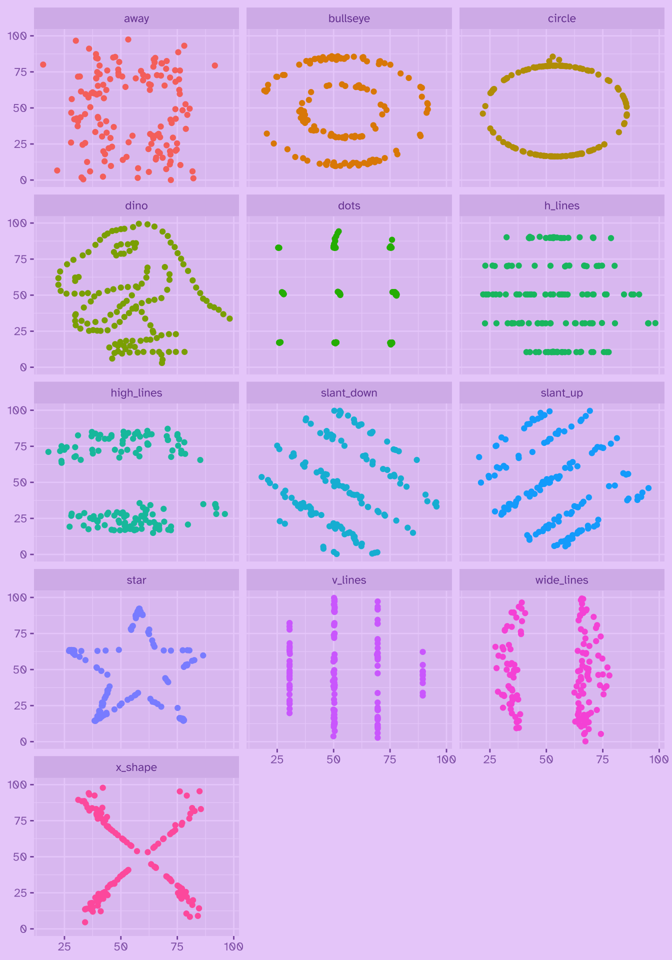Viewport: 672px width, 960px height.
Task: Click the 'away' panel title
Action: click(x=136, y=18)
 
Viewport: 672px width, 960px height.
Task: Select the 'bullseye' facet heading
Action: click(x=349, y=18)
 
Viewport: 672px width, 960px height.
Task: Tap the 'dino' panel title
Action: click(x=136, y=205)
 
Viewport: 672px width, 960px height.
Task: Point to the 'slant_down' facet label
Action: click(x=349, y=393)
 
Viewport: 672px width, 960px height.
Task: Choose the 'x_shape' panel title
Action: click(x=136, y=767)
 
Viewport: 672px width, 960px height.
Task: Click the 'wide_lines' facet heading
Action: click(x=561, y=580)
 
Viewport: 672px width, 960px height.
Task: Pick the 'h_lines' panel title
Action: click(x=561, y=205)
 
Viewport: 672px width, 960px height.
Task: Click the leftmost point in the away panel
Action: click(x=43, y=64)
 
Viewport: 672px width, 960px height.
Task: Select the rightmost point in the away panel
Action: click(x=214, y=65)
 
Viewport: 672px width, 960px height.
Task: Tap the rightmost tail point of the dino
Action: click(x=229, y=318)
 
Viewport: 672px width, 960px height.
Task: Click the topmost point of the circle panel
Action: click(x=552, y=57)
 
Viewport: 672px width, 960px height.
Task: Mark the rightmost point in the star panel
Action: click(x=203, y=655)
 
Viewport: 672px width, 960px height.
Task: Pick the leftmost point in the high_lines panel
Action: click(x=48, y=452)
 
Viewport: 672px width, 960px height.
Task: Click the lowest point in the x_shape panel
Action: click(x=85, y=922)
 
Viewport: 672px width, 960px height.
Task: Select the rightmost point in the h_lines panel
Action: click(x=655, y=323)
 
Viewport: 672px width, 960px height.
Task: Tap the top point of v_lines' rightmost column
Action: click(x=422, y=652)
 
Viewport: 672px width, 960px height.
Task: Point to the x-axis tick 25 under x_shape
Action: click(x=64, y=946)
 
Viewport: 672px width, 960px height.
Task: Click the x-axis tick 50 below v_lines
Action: click(x=333, y=759)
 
